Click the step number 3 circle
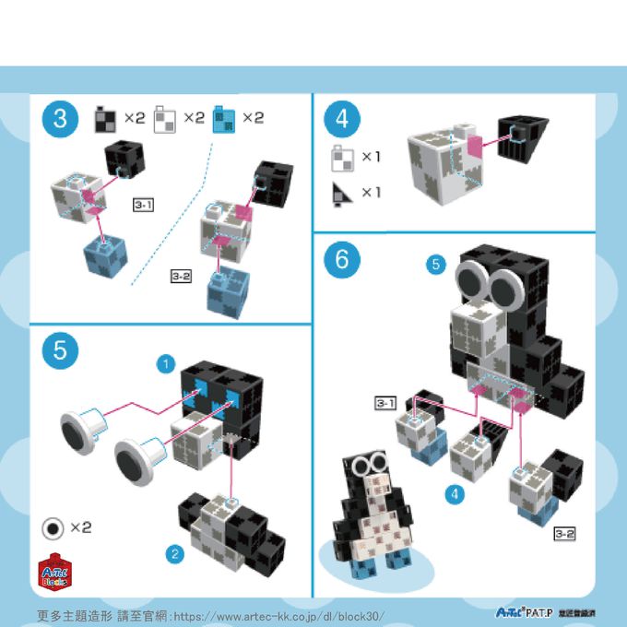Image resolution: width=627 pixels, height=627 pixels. pyautogui.click(x=60, y=119)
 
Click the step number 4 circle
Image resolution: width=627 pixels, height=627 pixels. pyautogui.click(x=342, y=119)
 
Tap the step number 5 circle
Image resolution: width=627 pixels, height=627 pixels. pyautogui.click(x=60, y=349)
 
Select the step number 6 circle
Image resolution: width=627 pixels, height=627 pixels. pyautogui.click(x=342, y=260)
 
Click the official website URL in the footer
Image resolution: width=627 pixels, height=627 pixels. pyautogui.click(x=278, y=615)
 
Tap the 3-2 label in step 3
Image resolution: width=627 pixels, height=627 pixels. pyautogui.click(x=182, y=276)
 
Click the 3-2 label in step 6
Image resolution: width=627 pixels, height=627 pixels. pyautogui.click(x=565, y=533)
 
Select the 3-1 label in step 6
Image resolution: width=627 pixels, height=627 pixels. pyautogui.click(x=385, y=403)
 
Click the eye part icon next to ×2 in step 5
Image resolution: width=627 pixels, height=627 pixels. pyautogui.click(x=53, y=527)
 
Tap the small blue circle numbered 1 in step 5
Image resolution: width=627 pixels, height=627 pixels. pyautogui.click(x=166, y=364)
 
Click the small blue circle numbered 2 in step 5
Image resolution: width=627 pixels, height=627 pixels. pyautogui.click(x=173, y=553)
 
